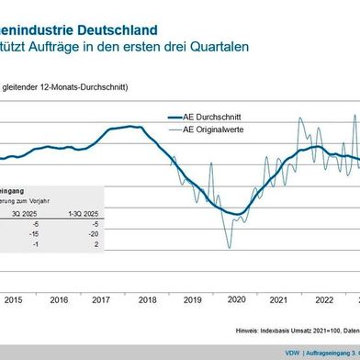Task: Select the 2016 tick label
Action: point(59,299)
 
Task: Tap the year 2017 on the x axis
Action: point(103,299)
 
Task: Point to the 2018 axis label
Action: point(147,299)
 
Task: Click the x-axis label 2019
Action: point(192,299)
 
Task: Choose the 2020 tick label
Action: point(236,299)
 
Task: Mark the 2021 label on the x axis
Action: point(280,299)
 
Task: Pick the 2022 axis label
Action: point(324,299)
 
